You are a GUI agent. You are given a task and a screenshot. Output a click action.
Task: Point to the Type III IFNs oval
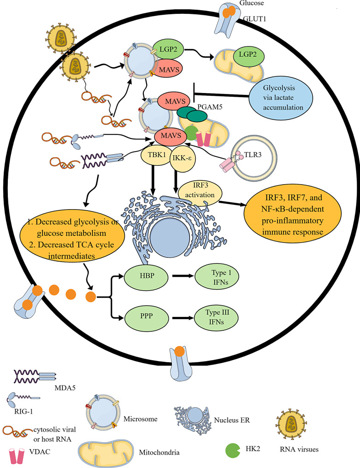tap(214, 318)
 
